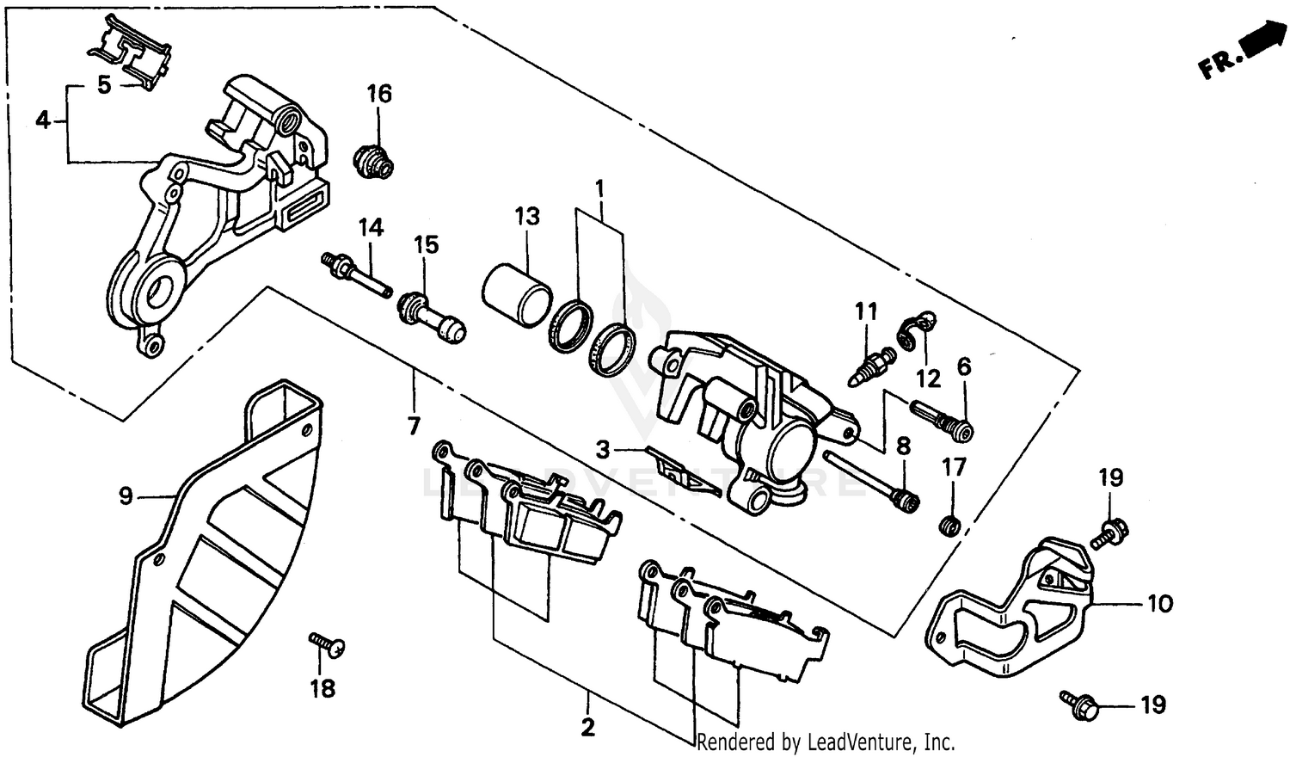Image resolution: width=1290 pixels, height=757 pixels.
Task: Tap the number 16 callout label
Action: click(379, 94)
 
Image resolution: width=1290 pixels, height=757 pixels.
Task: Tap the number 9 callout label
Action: click(126, 496)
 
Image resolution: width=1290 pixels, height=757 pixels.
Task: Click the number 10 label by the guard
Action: click(1160, 604)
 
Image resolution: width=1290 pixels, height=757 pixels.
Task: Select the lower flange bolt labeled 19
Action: click(1079, 705)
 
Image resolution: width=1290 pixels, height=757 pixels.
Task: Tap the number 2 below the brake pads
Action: click(587, 728)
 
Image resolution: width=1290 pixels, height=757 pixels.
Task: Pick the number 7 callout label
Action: click(414, 425)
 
